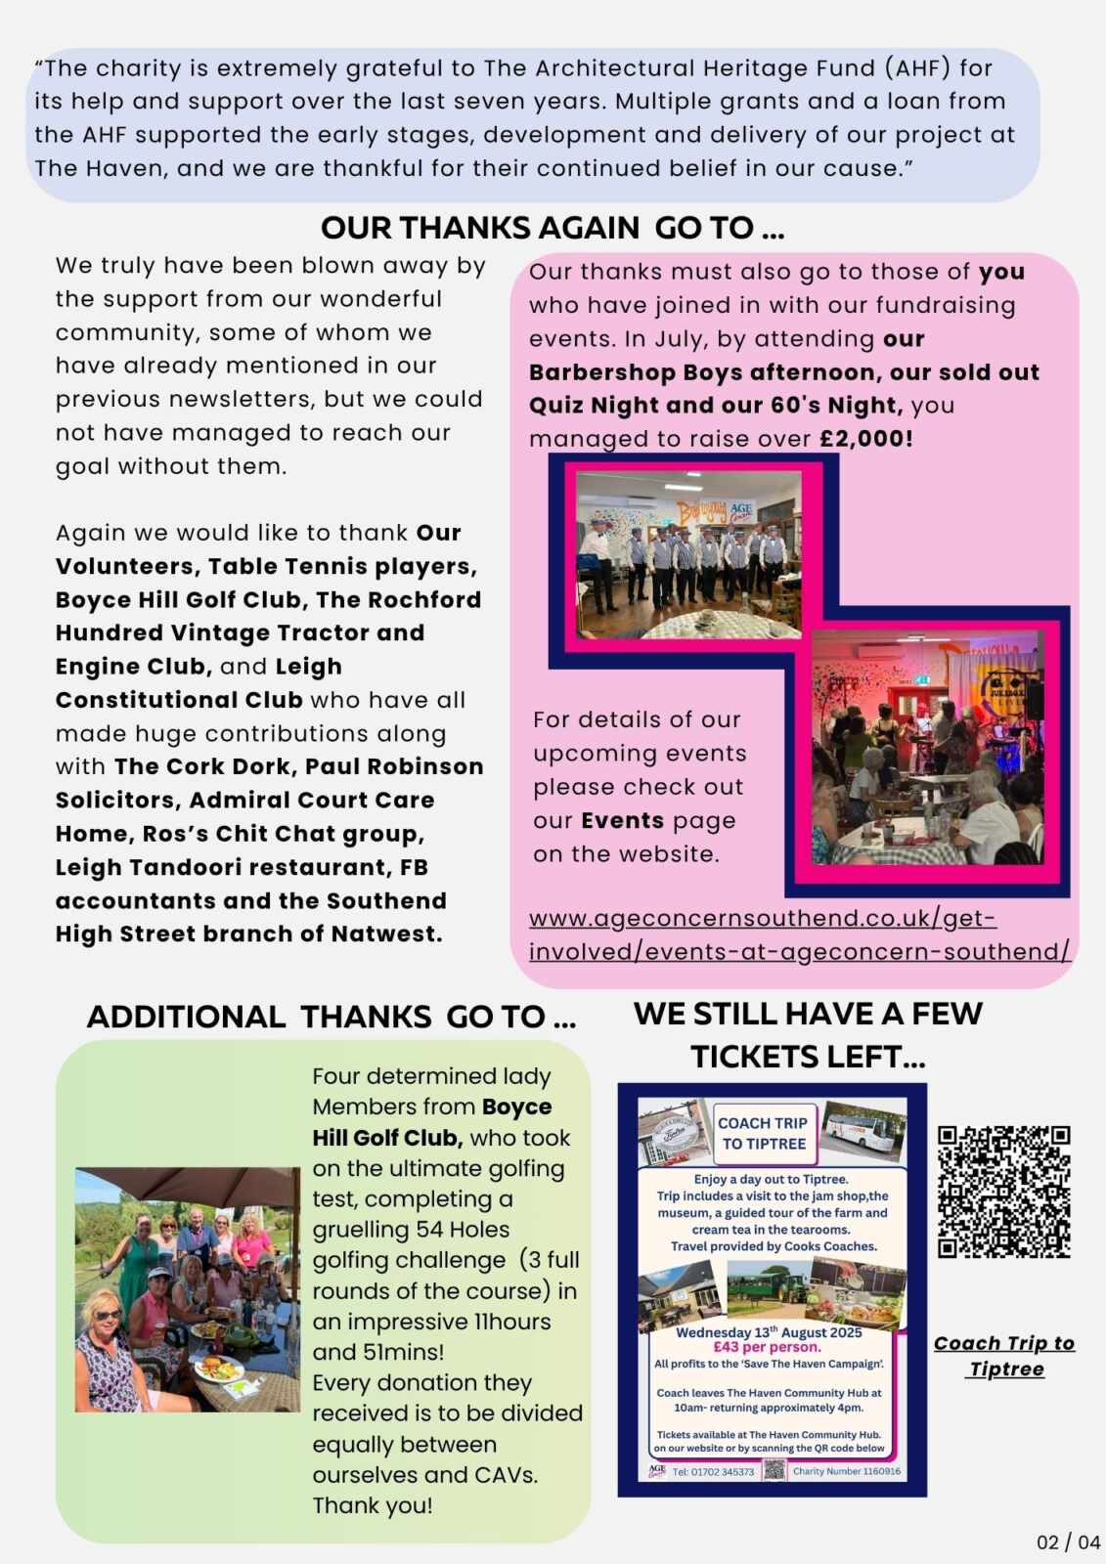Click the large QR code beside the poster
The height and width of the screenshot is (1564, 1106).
[1003, 1192]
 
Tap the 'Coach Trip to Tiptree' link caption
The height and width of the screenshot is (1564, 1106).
[1004, 1356]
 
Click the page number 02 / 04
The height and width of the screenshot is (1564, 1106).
[1068, 1542]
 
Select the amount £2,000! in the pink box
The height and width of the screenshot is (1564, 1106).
[865, 438]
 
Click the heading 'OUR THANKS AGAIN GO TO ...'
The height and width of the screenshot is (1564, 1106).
[553, 228]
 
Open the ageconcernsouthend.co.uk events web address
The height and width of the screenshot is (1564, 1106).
[799, 934]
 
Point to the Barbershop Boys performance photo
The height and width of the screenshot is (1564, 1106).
[688, 554]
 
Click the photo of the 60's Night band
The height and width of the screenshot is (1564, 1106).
[927, 748]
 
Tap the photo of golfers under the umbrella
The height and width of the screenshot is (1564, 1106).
[188, 1288]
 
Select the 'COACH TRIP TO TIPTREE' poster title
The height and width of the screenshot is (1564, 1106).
[763, 1133]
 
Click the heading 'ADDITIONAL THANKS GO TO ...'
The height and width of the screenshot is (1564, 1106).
[332, 1017]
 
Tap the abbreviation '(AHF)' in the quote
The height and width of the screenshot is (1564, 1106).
[916, 67]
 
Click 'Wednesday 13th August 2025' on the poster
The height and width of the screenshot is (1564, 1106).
[769, 1331]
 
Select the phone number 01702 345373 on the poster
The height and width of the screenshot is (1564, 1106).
[714, 1471]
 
